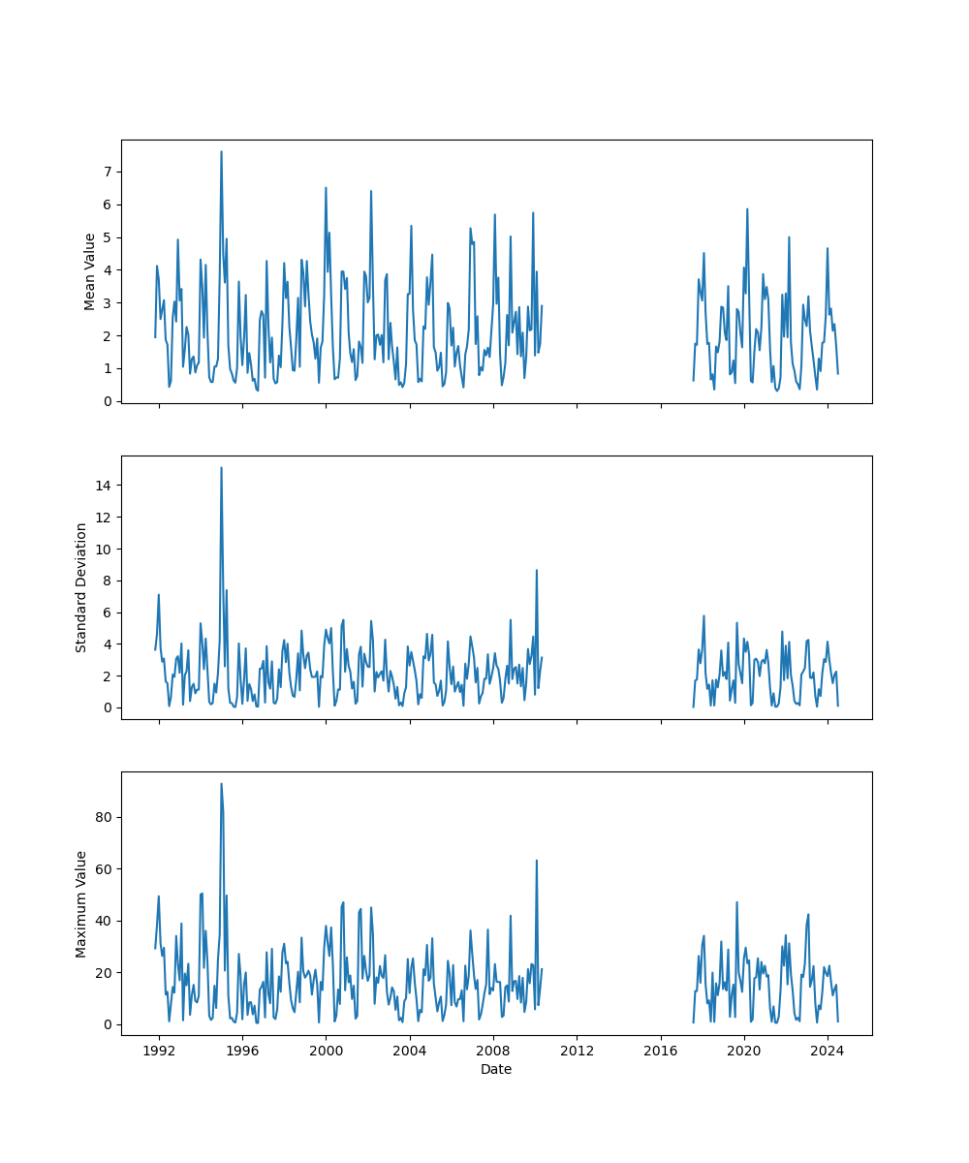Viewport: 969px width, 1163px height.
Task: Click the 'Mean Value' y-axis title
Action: (90, 271)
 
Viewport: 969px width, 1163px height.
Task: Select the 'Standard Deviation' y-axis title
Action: (81, 587)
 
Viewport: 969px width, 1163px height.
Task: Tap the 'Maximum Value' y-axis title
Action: (81, 903)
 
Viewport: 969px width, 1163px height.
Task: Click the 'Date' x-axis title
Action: (496, 1069)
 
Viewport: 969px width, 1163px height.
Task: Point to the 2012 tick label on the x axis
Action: (577, 1051)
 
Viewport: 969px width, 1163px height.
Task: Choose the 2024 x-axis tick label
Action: (828, 1051)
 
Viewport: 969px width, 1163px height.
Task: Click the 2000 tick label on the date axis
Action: (326, 1051)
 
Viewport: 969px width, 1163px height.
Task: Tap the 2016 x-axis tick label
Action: (661, 1051)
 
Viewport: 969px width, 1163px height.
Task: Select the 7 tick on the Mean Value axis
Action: (109, 172)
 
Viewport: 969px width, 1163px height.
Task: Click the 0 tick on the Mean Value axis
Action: (109, 401)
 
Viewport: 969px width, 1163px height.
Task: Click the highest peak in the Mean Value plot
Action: (221, 151)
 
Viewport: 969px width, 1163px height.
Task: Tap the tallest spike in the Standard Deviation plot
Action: (221, 468)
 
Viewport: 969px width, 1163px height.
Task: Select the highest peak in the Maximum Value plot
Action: (221, 784)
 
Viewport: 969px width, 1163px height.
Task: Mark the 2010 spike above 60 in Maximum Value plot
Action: (536, 861)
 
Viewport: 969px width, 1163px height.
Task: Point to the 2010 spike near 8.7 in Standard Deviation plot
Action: (536, 570)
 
